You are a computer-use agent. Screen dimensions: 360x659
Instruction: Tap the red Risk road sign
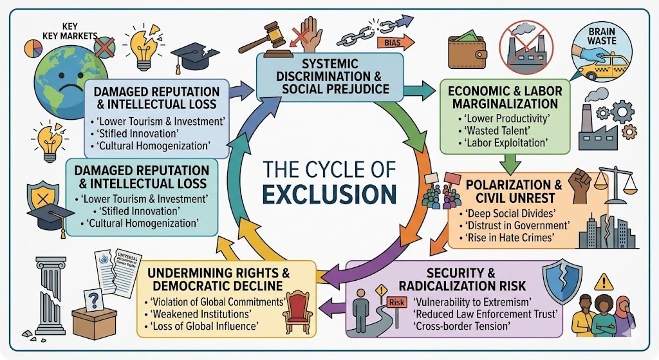coord(395,301)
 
